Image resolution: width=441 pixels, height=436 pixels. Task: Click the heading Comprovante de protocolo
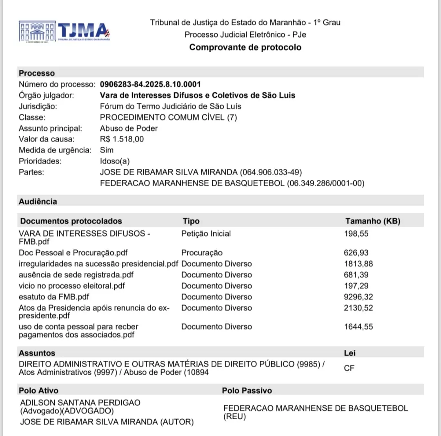(x=245, y=47)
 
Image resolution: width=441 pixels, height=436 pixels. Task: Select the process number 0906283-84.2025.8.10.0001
(x=150, y=85)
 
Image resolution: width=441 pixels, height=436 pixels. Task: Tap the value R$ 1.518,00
(x=122, y=139)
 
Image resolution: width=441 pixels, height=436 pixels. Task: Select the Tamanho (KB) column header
(x=372, y=221)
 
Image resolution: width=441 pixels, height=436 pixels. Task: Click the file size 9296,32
(x=359, y=297)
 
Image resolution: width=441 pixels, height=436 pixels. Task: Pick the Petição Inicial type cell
(x=206, y=234)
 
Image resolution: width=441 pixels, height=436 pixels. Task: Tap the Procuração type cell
(x=202, y=253)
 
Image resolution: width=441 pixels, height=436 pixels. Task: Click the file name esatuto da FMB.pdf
(x=54, y=297)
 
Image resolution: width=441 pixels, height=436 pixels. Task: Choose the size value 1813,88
(x=359, y=264)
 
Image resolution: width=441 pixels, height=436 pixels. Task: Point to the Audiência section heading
(x=38, y=201)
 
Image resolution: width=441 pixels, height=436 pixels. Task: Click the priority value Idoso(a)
(x=115, y=161)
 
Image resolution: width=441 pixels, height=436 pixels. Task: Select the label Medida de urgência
(x=55, y=150)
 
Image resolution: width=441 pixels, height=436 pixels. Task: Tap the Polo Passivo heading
(x=247, y=391)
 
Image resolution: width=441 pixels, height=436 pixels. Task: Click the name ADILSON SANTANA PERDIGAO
(x=80, y=402)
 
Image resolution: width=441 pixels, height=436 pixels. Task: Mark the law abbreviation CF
(x=349, y=368)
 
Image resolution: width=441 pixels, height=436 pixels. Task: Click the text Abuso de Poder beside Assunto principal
(x=129, y=128)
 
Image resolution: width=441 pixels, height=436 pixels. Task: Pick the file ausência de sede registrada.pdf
(x=76, y=275)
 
